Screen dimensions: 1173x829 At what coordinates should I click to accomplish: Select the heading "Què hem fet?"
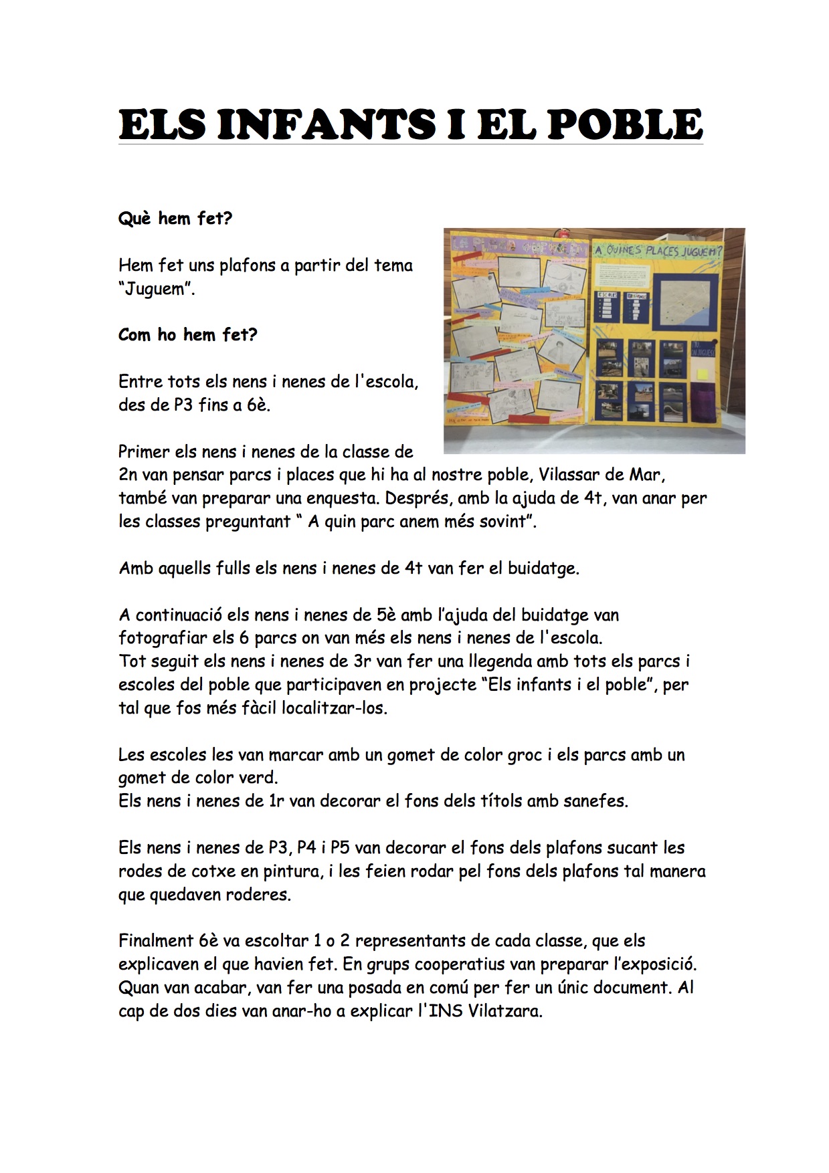[x=175, y=219]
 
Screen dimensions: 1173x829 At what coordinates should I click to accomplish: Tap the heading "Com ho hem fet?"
[x=187, y=334]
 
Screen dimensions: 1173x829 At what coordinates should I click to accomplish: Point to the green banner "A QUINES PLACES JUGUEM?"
[x=658, y=251]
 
